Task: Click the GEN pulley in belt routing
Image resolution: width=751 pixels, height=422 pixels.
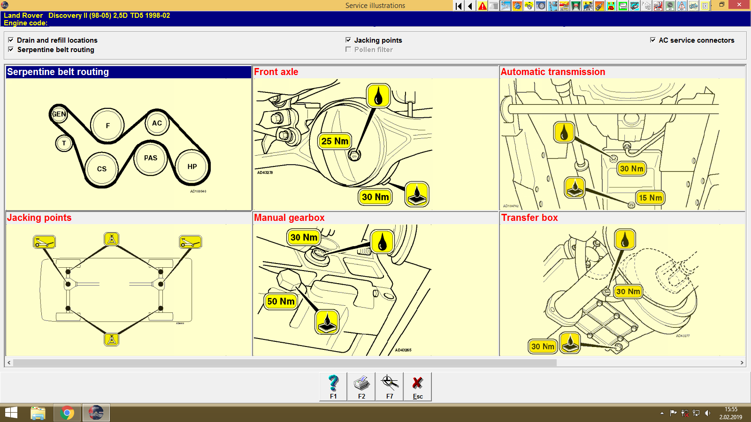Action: click(x=59, y=114)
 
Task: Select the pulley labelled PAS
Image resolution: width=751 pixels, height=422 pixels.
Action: click(x=151, y=158)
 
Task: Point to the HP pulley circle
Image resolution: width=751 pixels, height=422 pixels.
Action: click(x=192, y=166)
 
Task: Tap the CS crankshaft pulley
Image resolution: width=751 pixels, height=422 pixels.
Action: click(x=102, y=169)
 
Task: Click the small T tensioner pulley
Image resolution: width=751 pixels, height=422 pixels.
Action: click(x=64, y=143)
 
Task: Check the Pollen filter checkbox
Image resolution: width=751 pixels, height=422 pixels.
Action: click(x=348, y=49)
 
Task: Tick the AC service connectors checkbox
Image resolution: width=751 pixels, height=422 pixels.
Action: click(x=653, y=40)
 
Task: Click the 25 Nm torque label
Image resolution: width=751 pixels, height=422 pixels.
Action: click(x=335, y=141)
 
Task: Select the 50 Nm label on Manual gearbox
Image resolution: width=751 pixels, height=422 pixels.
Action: click(x=281, y=301)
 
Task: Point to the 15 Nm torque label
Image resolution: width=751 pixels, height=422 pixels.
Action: click(x=650, y=198)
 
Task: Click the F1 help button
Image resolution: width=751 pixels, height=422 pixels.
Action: click(x=333, y=386)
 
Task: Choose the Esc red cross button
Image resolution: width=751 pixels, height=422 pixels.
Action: click(x=417, y=386)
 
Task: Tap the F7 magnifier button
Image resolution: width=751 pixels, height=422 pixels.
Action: click(x=390, y=386)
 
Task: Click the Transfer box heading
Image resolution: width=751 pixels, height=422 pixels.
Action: click(x=529, y=218)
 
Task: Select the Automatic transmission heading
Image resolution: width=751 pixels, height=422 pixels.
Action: click(x=553, y=72)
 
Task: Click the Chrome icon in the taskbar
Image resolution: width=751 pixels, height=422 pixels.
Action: click(x=67, y=413)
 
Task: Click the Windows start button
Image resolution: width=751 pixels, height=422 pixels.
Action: click(x=11, y=413)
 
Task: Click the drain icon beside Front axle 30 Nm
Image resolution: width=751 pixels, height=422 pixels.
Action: click(x=417, y=194)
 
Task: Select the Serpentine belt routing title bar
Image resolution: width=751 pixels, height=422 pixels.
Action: click(x=128, y=72)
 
